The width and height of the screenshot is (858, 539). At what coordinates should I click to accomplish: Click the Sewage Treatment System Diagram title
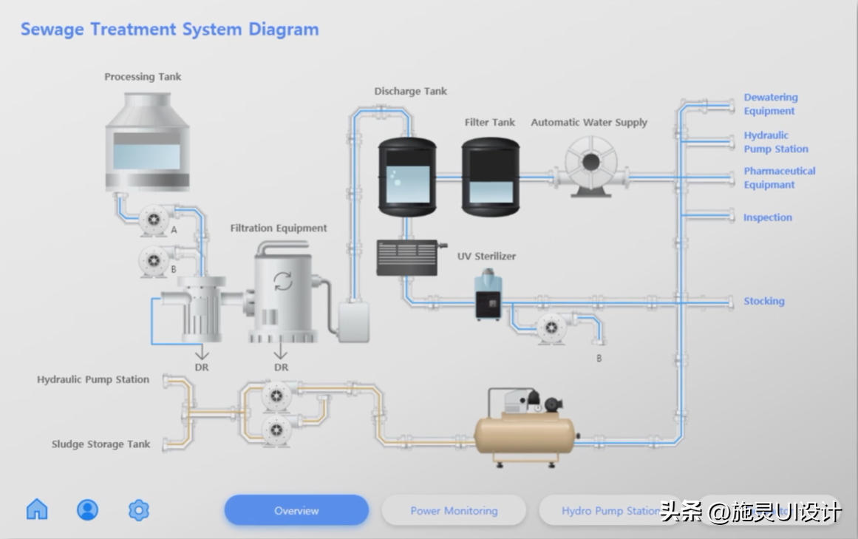pyautogui.click(x=169, y=30)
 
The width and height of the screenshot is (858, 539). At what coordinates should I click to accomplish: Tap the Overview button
pyautogui.click(x=296, y=510)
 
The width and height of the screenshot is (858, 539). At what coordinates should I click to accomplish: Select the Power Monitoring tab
pyautogui.click(x=454, y=510)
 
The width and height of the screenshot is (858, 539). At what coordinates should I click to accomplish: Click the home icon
pyautogui.click(x=37, y=509)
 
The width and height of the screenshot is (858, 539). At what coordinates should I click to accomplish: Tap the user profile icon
pyautogui.click(x=88, y=509)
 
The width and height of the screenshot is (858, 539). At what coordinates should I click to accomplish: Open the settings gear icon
pyautogui.click(x=139, y=509)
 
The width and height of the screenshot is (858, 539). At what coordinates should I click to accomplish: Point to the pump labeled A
pyautogui.click(x=154, y=220)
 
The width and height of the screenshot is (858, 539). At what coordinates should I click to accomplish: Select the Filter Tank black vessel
pyautogui.click(x=491, y=174)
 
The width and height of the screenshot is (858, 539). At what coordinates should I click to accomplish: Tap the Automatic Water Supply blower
pyautogui.click(x=591, y=167)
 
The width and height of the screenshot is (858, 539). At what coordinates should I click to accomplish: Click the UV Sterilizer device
pyautogui.click(x=488, y=295)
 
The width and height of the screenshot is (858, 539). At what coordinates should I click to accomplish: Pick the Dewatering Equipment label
pyautogui.click(x=770, y=104)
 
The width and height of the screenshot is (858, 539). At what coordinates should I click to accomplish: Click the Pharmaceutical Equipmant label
pyautogui.click(x=779, y=177)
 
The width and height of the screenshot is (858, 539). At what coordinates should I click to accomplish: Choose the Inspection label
pyautogui.click(x=767, y=217)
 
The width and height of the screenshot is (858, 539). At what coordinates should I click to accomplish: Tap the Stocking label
pyautogui.click(x=763, y=301)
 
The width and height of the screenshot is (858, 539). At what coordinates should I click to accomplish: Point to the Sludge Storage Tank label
pyautogui.click(x=101, y=444)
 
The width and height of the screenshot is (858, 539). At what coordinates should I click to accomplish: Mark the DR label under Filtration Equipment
pyautogui.click(x=281, y=367)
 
